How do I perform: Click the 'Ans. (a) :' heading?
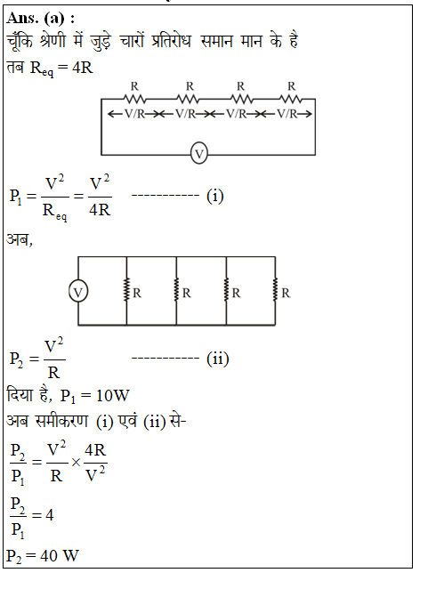click(x=41, y=18)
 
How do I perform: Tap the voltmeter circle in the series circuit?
click(x=199, y=154)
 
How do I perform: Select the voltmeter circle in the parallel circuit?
click(x=78, y=292)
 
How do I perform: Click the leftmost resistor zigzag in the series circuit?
click(x=134, y=99)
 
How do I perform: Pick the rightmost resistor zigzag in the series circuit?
click(x=290, y=99)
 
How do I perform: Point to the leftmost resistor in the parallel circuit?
click(x=126, y=289)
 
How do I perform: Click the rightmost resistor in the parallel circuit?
click(x=275, y=289)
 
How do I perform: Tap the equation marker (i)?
click(x=215, y=196)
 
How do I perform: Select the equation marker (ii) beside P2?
click(x=218, y=359)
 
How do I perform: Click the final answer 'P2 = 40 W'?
click(x=43, y=556)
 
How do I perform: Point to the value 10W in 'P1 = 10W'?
click(x=113, y=396)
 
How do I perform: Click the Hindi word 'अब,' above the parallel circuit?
click(x=20, y=239)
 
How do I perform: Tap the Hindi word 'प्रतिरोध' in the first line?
click(x=171, y=41)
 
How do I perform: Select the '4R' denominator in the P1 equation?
click(x=100, y=210)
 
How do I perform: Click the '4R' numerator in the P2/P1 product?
click(x=95, y=450)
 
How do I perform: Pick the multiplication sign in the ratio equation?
click(x=77, y=463)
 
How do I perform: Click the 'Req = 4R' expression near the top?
click(x=61, y=69)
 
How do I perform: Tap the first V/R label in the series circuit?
click(x=134, y=114)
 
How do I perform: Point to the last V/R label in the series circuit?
click(x=287, y=114)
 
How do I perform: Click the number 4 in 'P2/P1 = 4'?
click(x=50, y=514)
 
